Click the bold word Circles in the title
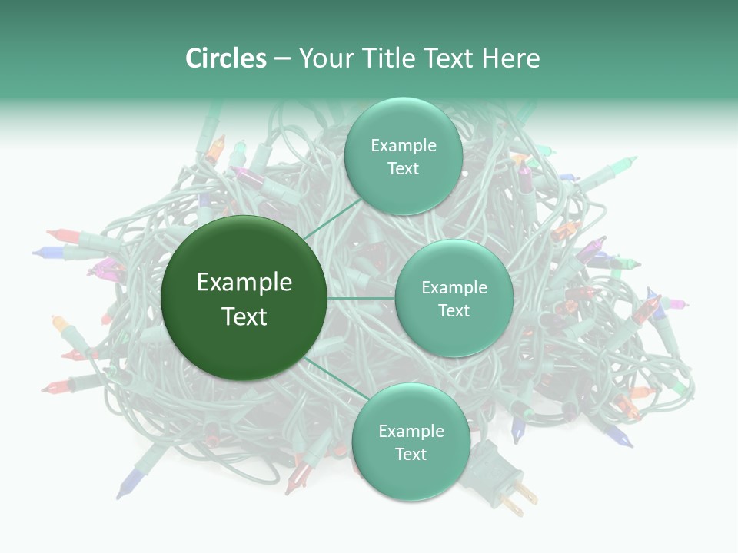point(225,58)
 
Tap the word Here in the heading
point(510,58)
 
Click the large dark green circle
point(244,298)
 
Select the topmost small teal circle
point(403,156)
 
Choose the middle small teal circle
point(454,298)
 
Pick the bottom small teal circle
point(411,442)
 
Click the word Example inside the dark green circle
point(244,283)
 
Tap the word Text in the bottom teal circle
point(411,454)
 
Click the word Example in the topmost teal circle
point(403,145)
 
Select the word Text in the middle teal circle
point(454,310)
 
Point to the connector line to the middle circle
point(361,298)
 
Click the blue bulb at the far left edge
point(48,251)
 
